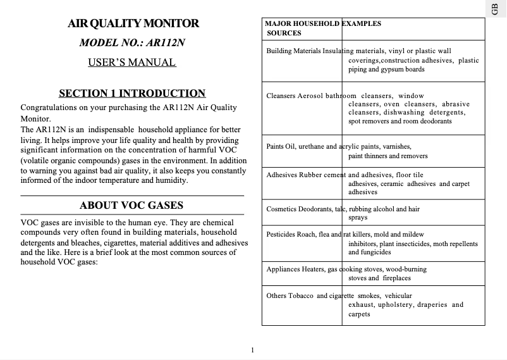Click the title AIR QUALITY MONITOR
click(x=133, y=23)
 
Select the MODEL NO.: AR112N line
click(x=132, y=43)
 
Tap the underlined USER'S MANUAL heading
click(x=131, y=62)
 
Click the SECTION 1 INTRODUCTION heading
click(x=132, y=93)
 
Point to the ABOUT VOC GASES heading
click(x=131, y=205)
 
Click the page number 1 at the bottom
click(x=252, y=350)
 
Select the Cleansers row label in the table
click(x=281, y=96)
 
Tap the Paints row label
click(x=275, y=146)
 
